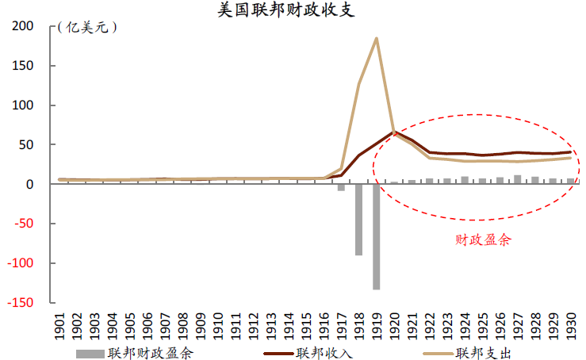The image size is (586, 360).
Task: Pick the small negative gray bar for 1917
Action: [341, 187]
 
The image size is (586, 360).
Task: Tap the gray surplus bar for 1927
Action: [517, 179]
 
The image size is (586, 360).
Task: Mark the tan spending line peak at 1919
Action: [376, 38]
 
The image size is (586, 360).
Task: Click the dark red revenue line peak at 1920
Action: [393, 132]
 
